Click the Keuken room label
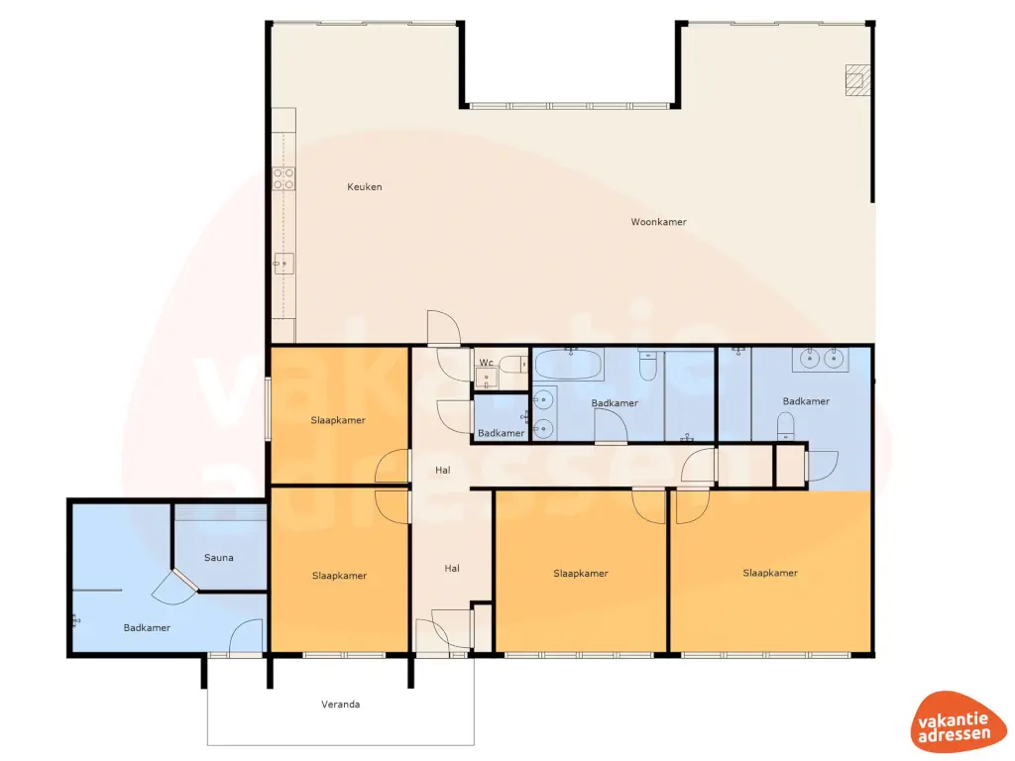pos(364,187)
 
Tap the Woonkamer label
pos(658,222)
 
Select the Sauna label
pos(218,558)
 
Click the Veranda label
pos(340,705)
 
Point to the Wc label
pos(486,363)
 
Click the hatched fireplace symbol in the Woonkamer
pos(855,79)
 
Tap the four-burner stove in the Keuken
pos(283,178)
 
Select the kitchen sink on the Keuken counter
pos(283,263)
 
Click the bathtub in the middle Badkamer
pos(569,365)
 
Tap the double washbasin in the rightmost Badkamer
pos(820,359)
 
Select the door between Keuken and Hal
pos(442,328)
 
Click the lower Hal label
pos(452,569)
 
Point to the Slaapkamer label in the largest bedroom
pos(770,573)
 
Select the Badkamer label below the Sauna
pos(147,628)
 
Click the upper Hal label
pos(442,471)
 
